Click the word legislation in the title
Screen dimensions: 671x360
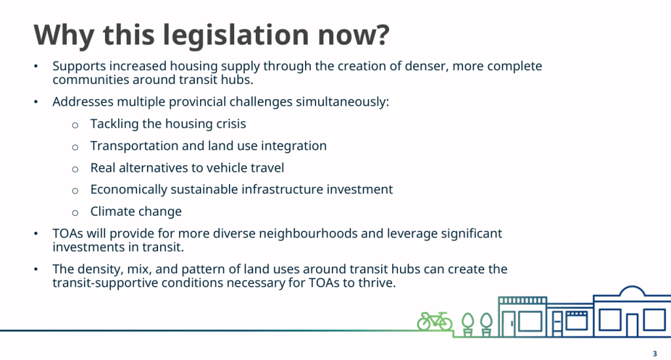pos(235,35)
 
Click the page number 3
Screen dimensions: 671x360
pos(655,353)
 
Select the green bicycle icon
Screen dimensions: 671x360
pos(434,321)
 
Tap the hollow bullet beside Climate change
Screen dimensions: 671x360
pos(75,212)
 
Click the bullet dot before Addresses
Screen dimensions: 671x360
pos(36,102)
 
